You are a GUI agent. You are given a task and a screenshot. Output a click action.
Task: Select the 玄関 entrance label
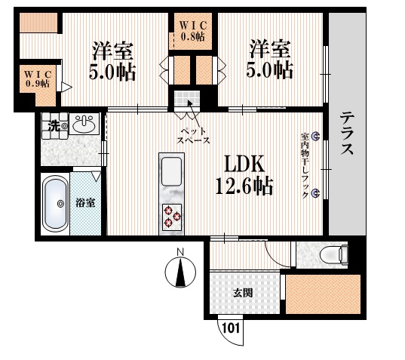point(242,292)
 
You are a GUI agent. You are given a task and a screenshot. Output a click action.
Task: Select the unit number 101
point(231,328)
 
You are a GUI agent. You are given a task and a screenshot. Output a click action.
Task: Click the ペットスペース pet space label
point(193,136)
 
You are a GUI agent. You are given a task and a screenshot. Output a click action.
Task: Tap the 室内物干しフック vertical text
point(305,166)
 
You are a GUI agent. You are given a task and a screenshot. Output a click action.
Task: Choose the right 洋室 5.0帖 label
point(271,60)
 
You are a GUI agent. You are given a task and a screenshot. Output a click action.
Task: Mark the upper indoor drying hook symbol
point(315,137)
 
